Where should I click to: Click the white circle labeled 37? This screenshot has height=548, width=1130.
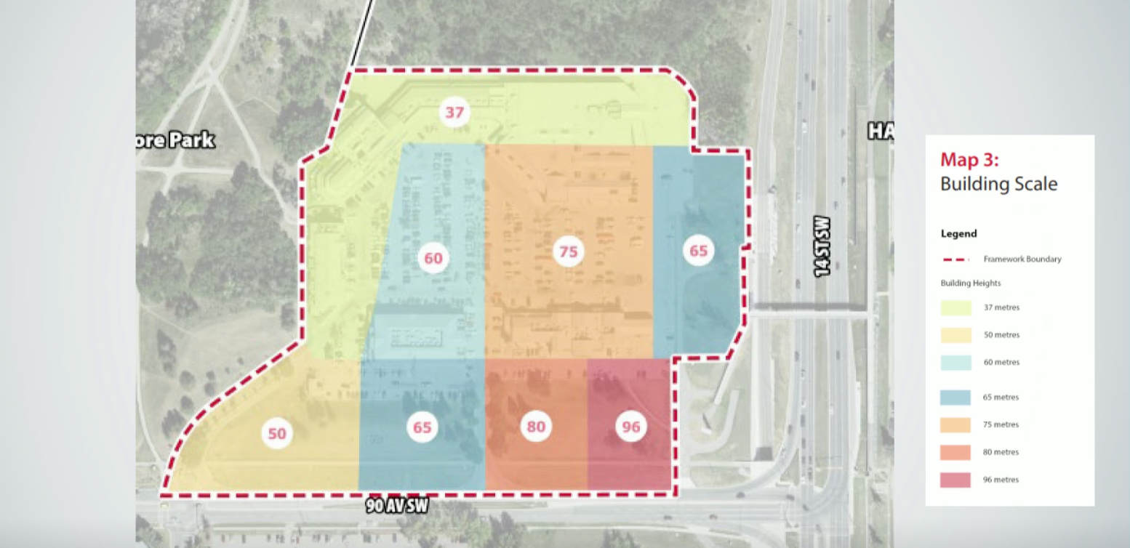(x=454, y=113)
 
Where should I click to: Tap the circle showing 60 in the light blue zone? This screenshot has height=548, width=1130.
(x=433, y=259)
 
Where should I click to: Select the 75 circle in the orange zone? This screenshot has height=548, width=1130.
(x=569, y=252)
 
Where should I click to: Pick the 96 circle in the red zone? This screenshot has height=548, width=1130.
(x=631, y=427)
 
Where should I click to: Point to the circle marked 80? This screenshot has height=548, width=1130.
(x=536, y=427)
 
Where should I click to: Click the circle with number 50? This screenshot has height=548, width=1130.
(x=277, y=434)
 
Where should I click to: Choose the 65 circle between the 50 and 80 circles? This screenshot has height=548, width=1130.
(x=422, y=427)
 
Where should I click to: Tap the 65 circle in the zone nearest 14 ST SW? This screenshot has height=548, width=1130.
(x=698, y=251)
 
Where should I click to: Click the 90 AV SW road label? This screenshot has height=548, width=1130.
(x=397, y=507)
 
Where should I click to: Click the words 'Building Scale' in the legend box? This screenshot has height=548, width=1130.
(x=998, y=184)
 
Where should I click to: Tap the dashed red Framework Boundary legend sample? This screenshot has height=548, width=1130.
(x=955, y=259)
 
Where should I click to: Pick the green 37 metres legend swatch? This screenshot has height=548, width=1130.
(x=955, y=307)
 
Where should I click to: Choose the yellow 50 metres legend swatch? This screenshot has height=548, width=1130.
(x=955, y=335)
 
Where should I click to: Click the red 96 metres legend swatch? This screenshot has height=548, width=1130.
(x=955, y=480)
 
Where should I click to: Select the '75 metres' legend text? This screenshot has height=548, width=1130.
(x=1001, y=424)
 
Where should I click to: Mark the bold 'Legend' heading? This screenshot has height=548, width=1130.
(x=958, y=234)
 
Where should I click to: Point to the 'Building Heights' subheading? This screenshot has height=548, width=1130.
(x=970, y=283)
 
